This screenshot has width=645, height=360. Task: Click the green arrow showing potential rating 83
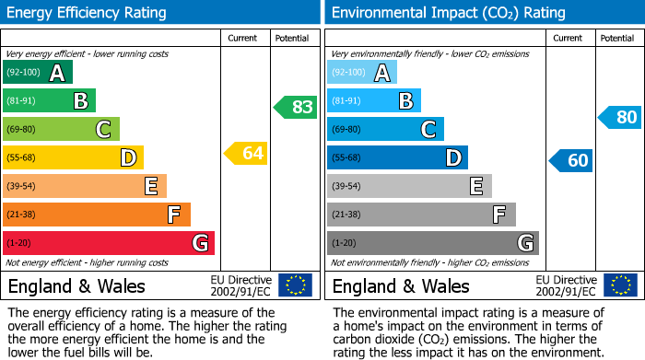(296, 107)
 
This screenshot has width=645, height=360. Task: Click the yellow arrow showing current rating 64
(246, 153)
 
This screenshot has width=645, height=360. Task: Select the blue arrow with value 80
(620, 117)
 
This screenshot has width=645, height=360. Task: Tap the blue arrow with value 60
(571, 160)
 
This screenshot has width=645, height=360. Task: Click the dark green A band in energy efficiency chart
(38, 73)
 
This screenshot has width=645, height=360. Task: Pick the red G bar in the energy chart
(109, 243)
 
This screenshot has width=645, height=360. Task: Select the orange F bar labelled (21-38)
(97, 215)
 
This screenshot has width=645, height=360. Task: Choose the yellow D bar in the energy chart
(73, 157)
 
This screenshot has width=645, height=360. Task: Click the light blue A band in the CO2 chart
(362, 73)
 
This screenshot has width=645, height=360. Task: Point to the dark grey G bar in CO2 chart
(433, 243)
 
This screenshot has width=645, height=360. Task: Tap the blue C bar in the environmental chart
(385, 129)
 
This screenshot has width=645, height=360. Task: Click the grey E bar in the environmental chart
(409, 186)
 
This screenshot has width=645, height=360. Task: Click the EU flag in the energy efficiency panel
(295, 285)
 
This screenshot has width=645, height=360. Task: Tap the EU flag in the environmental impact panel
(619, 285)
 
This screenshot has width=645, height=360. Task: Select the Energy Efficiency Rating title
(87, 13)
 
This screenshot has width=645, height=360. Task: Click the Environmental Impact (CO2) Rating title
(448, 13)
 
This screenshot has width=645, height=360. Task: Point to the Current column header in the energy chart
(244, 38)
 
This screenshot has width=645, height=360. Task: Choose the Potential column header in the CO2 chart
(617, 38)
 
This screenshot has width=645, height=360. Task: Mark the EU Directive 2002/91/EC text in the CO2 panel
(566, 285)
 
